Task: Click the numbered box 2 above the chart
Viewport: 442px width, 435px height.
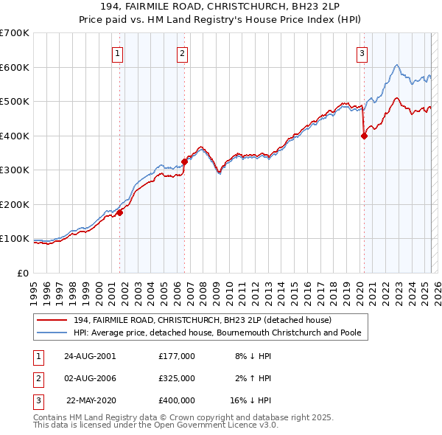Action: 182,52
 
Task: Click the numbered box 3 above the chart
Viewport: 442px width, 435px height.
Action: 362,52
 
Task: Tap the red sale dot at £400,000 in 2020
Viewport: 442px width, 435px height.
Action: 364,136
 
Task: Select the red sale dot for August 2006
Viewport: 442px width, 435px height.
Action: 184,161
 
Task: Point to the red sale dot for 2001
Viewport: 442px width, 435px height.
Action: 119,212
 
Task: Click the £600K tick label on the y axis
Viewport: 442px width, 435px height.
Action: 15,67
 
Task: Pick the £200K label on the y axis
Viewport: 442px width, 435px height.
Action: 15,204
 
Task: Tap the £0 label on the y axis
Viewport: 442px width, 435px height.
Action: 24,273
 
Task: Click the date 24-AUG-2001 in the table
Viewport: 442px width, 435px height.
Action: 90,356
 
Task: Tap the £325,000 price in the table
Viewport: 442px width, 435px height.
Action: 177,378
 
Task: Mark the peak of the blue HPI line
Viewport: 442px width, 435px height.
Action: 396,65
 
